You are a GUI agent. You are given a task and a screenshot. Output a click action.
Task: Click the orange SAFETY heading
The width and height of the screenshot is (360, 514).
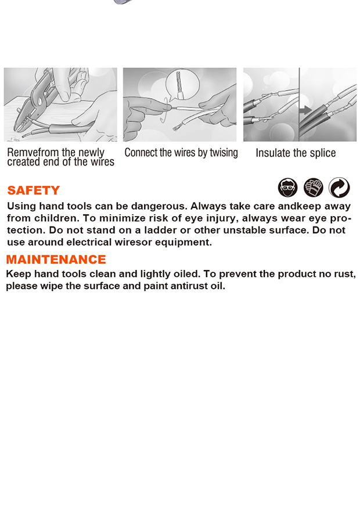[34, 190]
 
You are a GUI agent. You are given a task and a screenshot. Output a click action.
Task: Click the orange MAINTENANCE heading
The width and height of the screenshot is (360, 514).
[56, 259]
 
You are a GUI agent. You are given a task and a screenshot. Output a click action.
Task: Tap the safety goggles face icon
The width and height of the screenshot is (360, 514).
[288, 188]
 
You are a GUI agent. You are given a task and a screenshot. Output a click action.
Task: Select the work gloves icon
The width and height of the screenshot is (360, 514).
[314, 188]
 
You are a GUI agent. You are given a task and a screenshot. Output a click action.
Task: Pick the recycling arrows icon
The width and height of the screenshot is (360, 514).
[339, 188]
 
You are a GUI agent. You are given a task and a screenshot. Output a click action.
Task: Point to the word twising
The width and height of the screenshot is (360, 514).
[224, 153]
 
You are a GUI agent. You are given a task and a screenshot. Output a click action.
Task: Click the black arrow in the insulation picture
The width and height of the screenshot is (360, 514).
[305, 110]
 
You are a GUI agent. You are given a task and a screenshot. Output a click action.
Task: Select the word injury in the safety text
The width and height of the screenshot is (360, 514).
[222, 218]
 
